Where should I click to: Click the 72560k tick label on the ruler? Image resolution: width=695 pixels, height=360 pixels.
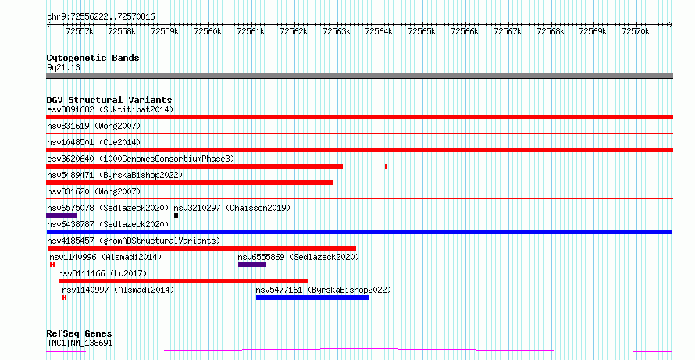tap(208, 31)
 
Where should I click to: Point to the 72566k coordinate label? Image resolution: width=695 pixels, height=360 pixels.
tap(465, 31)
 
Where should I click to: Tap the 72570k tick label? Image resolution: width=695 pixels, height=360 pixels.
tap(636, 31)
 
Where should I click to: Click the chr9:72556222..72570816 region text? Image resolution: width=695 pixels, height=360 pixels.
tap(101, 17)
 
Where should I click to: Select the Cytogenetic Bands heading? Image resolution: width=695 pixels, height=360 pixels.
tap(93, 58)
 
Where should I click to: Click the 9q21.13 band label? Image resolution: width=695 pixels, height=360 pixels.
tap(63, 68)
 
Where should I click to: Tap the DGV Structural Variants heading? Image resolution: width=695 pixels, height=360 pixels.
tap(109, 100)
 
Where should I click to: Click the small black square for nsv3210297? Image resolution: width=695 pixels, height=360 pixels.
tap(176, 216)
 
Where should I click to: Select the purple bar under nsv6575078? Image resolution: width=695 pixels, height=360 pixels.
tap(62, 216)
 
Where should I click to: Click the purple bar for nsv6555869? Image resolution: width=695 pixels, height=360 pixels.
tap(251, 265)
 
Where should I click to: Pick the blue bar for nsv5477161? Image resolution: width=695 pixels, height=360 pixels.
tap(312, 298)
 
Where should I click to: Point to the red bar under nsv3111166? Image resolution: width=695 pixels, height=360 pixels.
tap(183, 281)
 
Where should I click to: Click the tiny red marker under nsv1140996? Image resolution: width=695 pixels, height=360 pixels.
tap(52, 265)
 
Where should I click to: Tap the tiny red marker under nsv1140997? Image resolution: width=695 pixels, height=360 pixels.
tap(64, 298)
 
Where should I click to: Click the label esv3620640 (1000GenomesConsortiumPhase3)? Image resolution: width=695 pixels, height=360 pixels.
tap(141, 159)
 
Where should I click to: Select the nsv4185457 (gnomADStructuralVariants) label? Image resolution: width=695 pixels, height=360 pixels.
tap(134, 241)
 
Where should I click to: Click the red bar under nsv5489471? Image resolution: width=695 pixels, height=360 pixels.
tap(190, 183)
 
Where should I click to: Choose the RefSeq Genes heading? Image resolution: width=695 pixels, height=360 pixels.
tap(80, 333)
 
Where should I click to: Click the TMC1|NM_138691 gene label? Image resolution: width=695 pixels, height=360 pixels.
tap(80, 343)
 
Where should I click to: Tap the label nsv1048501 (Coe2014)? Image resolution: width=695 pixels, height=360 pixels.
tap(94, 142)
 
